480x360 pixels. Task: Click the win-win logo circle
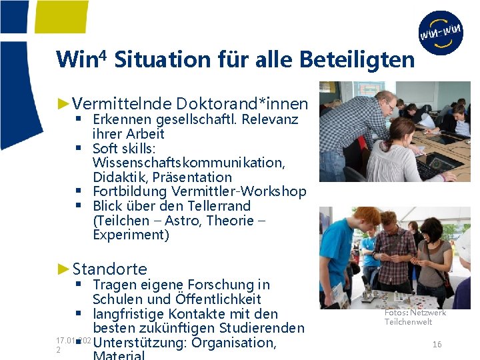[441, 33]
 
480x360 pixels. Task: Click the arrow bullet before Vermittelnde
[64, 103]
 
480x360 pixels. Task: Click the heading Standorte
[109, 269]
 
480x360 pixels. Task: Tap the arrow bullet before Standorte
[64, 269]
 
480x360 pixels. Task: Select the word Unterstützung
[137, 343]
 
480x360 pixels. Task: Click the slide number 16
[437, 345]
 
